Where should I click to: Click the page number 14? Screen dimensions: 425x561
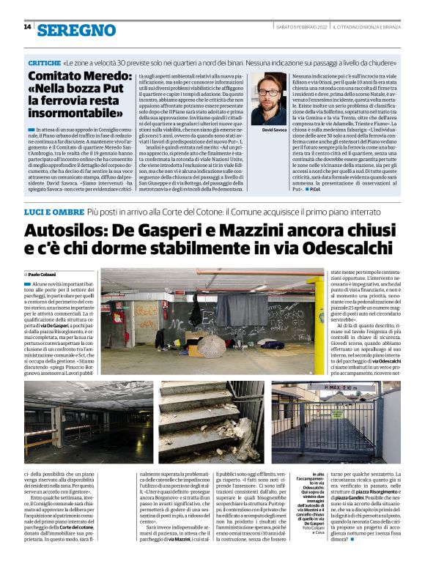click(x=27, y=27)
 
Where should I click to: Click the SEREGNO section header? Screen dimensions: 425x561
click(x=76, y=29)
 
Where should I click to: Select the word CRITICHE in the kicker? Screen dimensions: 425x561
click(x=43, y=63)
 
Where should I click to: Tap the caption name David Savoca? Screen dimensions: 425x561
click(x=274, y=129)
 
